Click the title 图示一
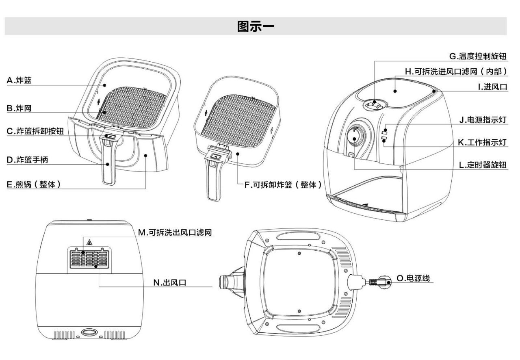point(256,27)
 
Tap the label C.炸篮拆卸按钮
point(35,131)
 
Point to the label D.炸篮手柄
point(27,160)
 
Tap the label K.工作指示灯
point(482,142)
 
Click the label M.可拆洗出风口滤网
point(175,232)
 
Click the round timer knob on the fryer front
point(355,137)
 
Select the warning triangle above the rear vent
point(89,243)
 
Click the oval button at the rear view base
point(88,332)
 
